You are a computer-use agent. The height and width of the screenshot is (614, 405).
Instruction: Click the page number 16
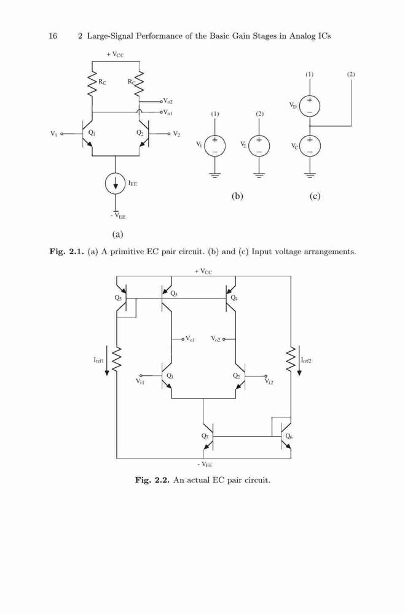tap(53, 36)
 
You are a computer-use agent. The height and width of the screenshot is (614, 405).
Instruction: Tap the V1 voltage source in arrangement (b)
tap(215, 146)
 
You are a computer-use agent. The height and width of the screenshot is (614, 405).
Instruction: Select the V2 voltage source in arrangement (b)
tap(259, 146)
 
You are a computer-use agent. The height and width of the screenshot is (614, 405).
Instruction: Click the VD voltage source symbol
tap(310, 106)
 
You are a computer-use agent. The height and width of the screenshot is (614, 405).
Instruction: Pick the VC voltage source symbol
tap(310, 146)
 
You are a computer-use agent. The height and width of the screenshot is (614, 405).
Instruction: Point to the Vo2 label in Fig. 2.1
tap(168, 101)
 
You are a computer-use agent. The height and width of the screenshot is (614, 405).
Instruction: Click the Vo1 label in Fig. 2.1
tap(168, 112)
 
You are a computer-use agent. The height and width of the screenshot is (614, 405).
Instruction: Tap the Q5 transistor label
tap(118, 298)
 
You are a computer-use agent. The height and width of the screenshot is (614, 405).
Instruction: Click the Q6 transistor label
tap(289, 436)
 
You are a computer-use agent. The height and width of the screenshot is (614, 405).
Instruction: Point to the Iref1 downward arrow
tap(107, 360)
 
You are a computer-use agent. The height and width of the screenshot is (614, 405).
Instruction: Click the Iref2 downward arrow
tap(299, 360)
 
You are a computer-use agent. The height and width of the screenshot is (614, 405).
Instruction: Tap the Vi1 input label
tap(140, 381)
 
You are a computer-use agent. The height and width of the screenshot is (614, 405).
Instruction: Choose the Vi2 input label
tap(269, 381)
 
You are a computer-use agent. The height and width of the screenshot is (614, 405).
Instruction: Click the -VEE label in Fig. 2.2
tap(205, 465)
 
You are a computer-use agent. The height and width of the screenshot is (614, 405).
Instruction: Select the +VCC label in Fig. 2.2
tap(203, 271)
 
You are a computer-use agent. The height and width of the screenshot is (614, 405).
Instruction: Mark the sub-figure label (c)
tap(315, 196)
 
